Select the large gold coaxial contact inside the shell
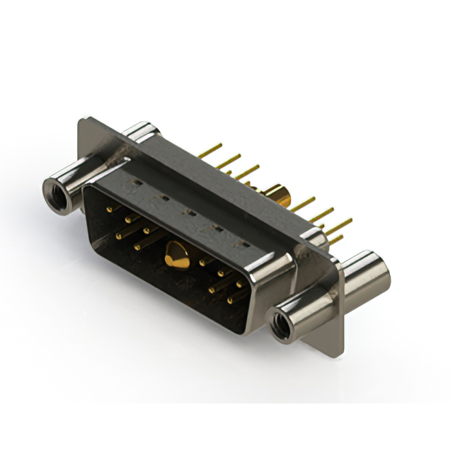176,255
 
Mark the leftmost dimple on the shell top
130,185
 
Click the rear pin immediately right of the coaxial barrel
303,205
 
